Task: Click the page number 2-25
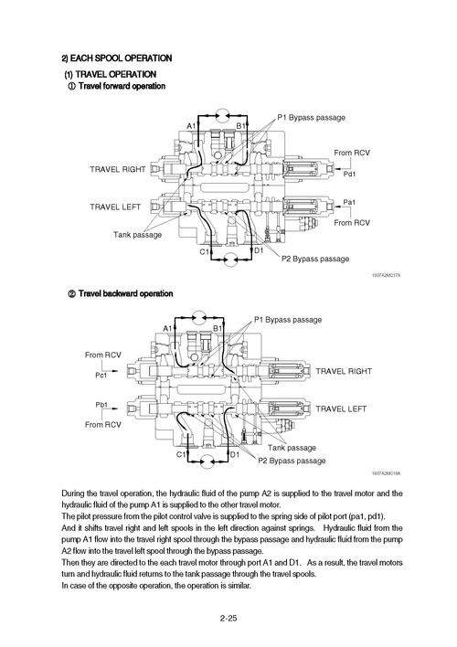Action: (x=228, y=619)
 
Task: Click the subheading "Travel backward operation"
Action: (x=125, y=294)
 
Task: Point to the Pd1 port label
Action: (x=349, y=174)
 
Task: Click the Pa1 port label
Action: (x=349, y=201)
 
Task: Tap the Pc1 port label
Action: (x=101, y=375)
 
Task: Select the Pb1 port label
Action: (x=101, y=404)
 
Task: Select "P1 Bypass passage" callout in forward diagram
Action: (x=311, y=118)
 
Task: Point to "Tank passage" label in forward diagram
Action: (x=138, y=235)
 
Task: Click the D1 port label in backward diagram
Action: (x=235, y=454)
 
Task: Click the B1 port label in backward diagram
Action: (x=218, y=328)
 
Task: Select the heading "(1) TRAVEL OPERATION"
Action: (x=110, y=73)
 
